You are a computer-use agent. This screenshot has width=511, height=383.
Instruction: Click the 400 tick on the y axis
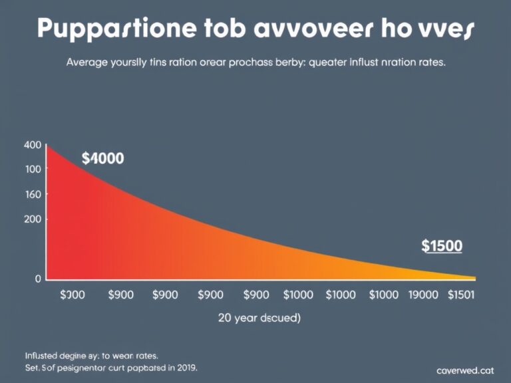click(32, 145)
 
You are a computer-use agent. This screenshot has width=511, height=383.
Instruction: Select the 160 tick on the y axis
click(32, 194)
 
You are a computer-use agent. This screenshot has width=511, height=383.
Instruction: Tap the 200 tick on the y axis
click(32, 219)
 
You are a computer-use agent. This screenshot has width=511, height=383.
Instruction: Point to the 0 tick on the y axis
click(38, 279)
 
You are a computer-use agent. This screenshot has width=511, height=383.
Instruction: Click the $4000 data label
click(102, 158)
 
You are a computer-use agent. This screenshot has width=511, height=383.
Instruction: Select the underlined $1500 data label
click(442, 246)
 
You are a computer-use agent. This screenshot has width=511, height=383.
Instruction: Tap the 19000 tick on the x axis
click(423, 295)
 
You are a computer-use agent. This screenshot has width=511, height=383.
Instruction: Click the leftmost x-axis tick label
click(72, 295)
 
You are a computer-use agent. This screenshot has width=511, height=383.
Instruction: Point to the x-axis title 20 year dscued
click(259, 318)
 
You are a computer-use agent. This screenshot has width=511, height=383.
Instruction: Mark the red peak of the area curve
click(47, 146)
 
